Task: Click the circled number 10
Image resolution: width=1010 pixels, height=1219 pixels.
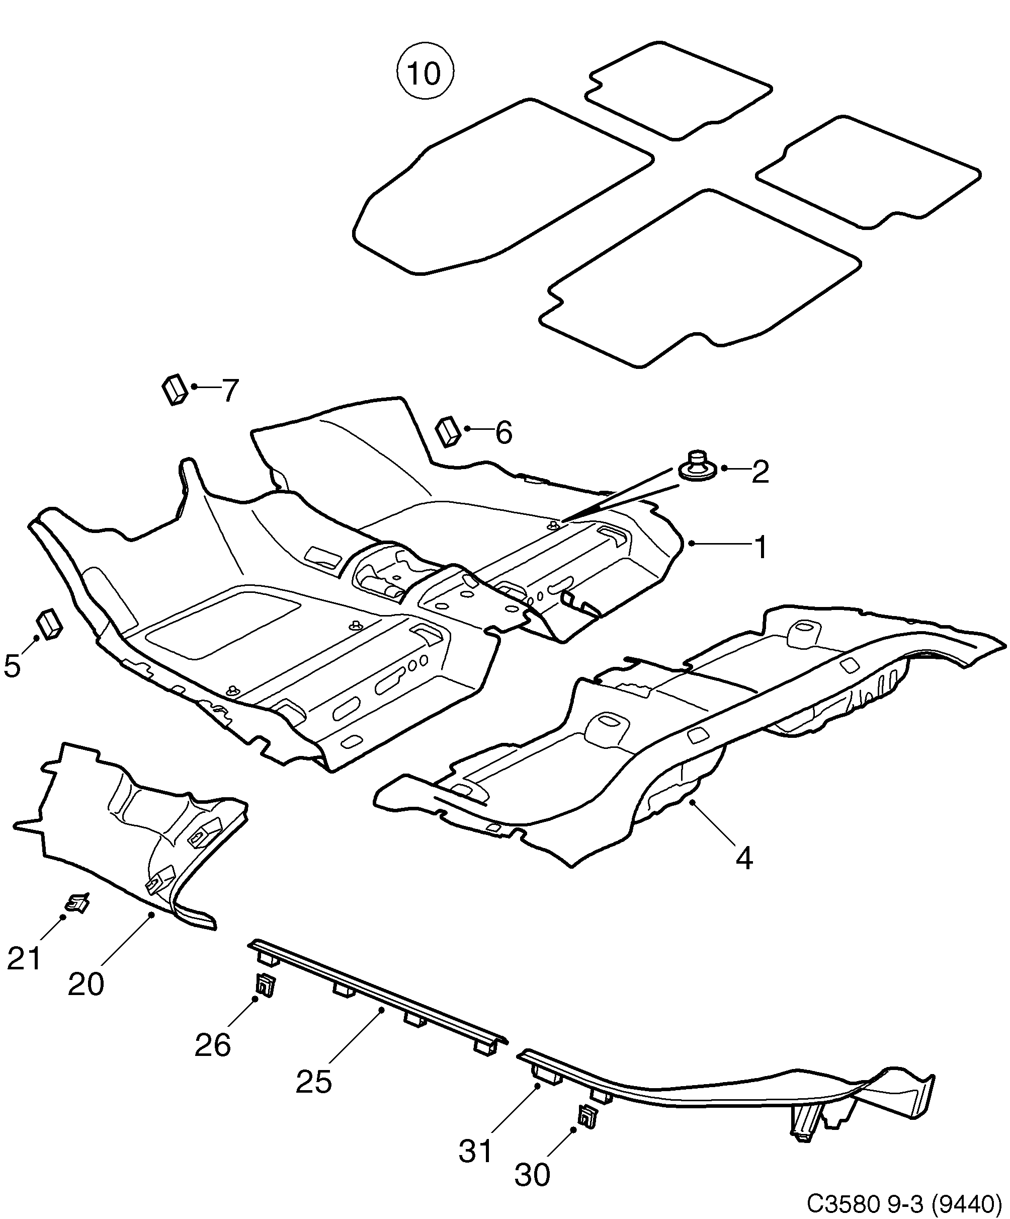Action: click(x=425, y=73)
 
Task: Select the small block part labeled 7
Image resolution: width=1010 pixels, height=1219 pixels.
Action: click(x=174, y=389)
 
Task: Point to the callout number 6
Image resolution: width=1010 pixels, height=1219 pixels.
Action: click(x=503, y=432)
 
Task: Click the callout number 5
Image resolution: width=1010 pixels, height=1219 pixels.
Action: click(x=12, y=666)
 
